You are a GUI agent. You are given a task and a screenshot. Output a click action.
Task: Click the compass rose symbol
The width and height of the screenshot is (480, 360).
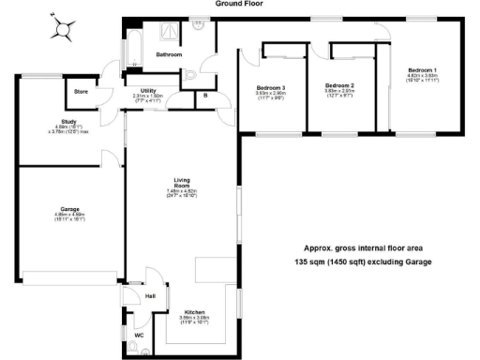[64, 29]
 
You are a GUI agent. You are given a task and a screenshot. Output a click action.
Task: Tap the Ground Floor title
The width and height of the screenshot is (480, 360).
[240, 4]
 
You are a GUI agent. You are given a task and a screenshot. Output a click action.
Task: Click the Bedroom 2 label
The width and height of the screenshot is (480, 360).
[337, 85]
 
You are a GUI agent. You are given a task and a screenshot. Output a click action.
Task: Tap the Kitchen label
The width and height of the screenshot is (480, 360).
[194, 310]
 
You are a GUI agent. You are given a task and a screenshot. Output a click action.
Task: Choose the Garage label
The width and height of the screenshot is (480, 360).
[69, 208]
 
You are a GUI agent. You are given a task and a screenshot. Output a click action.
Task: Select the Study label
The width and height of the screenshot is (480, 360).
[43, 123]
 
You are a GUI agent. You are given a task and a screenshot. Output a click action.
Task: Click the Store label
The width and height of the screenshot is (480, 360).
[81, 92]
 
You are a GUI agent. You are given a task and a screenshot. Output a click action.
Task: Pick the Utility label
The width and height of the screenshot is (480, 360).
[148, 91]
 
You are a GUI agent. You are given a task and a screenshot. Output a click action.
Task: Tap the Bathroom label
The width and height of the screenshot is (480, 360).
[169, 55]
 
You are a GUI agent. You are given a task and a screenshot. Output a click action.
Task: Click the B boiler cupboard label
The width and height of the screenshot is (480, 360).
[205, 95]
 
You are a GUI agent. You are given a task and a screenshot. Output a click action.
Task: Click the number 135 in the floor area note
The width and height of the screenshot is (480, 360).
[305, 262]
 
